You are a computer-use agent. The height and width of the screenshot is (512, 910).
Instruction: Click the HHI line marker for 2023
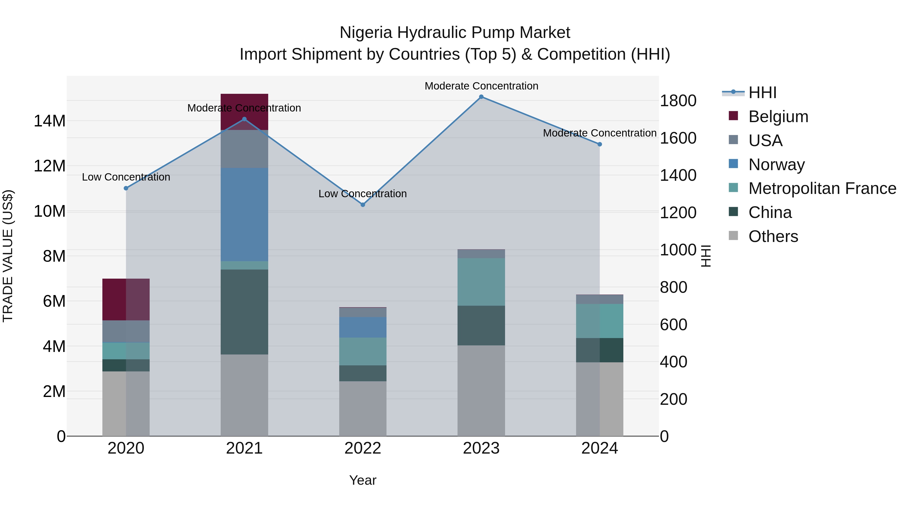click(481, 97)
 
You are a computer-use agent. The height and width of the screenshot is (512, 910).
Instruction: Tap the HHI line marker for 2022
click(363, 205)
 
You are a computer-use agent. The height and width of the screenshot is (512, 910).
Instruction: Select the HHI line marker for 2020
click(126, 188)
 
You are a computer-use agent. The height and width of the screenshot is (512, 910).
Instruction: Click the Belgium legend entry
click(778, 117)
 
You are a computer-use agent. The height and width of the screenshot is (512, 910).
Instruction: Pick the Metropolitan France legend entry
click(822, 188)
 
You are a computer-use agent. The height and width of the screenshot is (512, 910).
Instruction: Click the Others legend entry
click(773, 236)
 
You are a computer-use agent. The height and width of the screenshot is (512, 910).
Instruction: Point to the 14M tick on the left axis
click(50, 121)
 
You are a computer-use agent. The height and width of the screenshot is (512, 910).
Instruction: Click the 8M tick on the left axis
click(54, 256)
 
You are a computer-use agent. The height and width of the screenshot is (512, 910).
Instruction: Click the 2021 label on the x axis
click(244, 448)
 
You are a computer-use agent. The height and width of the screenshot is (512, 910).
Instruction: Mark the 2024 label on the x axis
click(600, 448)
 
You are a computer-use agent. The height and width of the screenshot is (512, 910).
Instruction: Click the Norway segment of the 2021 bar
click(244, 214)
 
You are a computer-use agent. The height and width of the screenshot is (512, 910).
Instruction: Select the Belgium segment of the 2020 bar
click(126, 299)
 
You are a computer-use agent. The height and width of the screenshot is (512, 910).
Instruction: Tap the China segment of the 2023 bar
click(481, 325)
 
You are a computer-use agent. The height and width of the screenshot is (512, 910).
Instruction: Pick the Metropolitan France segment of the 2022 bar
click(363, 351)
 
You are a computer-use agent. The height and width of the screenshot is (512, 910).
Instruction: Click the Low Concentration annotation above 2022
click(363, 194)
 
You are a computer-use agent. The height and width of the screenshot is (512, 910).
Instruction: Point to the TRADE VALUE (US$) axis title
click(8, 256)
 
